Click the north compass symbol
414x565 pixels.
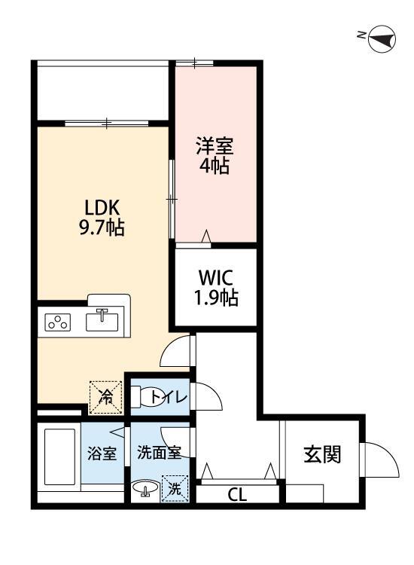coord(382,38)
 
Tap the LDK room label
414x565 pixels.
coord(102,207)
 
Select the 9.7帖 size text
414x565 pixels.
coord(102,228)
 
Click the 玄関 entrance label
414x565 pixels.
coord(322,454)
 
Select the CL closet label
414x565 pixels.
coord(237,495)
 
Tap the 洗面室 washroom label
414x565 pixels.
coord(158,454)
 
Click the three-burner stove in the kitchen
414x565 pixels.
coord(58,322)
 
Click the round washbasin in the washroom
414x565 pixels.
coord(145,490)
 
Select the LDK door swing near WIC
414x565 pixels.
coord(178,353)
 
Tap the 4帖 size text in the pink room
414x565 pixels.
coord(214,166)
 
